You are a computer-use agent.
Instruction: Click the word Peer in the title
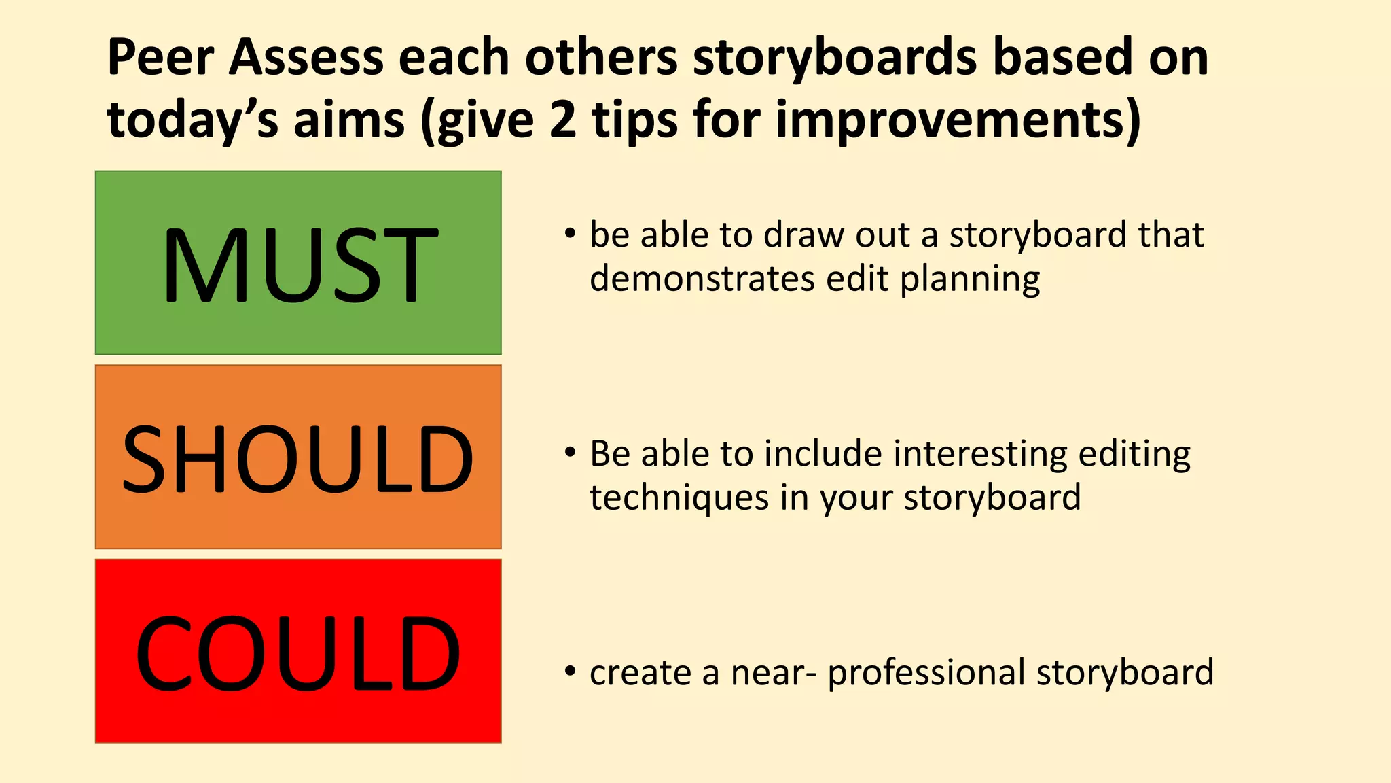tap(161, 57)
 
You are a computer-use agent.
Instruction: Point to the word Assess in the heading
tap(306, 57)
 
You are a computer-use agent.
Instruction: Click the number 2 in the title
tap(563, 120)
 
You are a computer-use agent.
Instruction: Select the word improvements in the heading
tap(957, 120)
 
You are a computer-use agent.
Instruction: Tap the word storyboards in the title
tap(835, 57)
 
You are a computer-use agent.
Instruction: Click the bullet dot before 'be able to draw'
tap(570, 234)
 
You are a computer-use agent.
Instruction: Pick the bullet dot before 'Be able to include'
tap(570, 452)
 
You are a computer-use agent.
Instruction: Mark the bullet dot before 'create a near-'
tap(570, 672)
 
